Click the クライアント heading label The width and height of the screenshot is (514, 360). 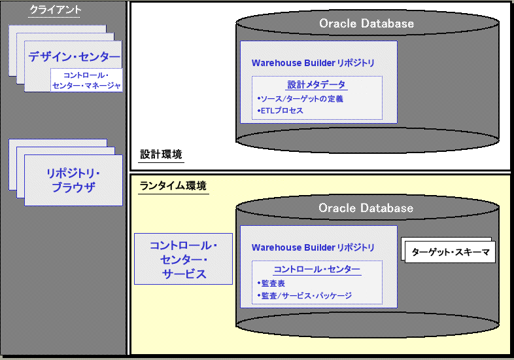[x=56, y=9]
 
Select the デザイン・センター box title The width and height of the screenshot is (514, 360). [x=74, y=57]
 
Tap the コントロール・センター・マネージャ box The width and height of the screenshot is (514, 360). [x=86, y=80]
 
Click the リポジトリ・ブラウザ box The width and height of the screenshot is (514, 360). [x=73, y=180]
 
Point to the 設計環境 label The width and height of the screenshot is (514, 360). [x=161, y=154]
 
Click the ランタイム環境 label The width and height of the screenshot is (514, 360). [x=173, y=186]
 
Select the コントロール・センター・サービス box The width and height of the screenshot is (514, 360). [x=183, y=259]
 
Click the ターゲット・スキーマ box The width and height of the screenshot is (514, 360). [x=449, y=251]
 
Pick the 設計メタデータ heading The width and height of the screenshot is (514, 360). [x=317, y=84]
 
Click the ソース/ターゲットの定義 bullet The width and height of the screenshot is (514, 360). [x=301, y=99]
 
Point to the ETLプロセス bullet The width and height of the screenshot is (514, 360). [x=281, y=111]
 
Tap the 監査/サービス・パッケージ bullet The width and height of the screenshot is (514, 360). [x=305, y=296]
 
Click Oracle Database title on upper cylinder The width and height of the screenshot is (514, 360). [x=366, y=24]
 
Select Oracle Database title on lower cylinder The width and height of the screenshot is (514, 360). [x=366, y=208]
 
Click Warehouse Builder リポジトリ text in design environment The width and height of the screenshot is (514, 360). [x=313, y=63]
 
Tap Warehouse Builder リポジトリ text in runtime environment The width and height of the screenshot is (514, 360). [x=313, y=247]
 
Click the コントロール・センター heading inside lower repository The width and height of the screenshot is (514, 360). [x=317, y=269]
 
